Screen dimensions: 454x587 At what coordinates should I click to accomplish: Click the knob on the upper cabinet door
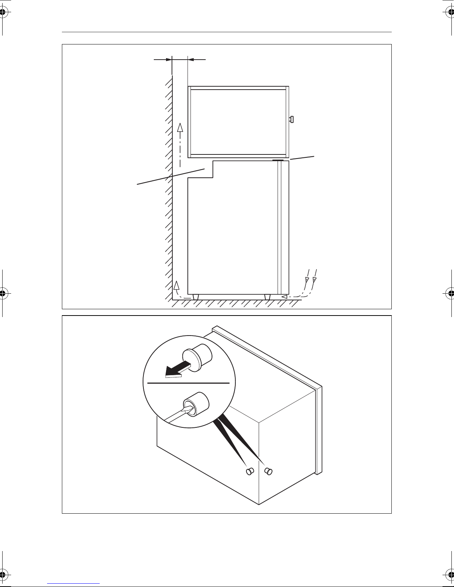pyautogui.click(x=292, y=119)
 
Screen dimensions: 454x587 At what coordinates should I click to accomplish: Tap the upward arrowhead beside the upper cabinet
pyautogui.click(x=180, y=128)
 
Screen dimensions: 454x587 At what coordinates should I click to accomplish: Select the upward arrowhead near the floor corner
pyautogui.click(x=176, y=285)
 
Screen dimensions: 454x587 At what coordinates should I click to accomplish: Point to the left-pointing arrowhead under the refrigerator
pyautogui.click(x=284, y=297)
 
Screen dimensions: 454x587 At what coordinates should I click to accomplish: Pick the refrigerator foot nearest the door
pyautogui.click(x=267, y=297)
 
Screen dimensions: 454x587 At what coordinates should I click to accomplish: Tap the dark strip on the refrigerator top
pyautogui.click(x=278, y=160)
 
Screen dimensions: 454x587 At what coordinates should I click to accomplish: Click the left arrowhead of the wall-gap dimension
pyautogui.click(x=169, y=59)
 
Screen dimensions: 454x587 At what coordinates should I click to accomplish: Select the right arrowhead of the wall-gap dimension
pyautogui.click(x=191, y=59)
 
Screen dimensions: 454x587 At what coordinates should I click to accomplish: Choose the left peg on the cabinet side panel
pyautogui.click(x=249, y=471)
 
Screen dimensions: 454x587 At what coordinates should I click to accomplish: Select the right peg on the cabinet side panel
pyautogui.click(x=268, y=471)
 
